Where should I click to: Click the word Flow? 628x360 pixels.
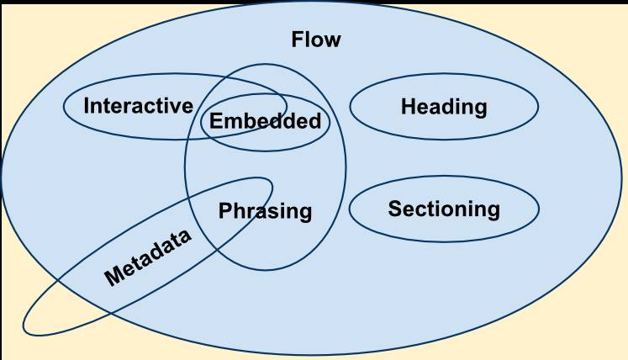pos(316,40)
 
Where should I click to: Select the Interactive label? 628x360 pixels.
pos(139,106)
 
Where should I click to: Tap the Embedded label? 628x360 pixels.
pos(265,121)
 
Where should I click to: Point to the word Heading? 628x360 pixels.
pos(444,107)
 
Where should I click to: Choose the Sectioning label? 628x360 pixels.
pos(444,209)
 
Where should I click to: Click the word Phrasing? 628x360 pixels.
pos(265,211)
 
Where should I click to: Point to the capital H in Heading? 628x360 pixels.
pos(408,107)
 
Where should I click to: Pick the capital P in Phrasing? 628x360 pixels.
pos(224,210)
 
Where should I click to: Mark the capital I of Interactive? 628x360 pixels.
pos(87,106)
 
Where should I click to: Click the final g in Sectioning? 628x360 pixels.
pos(493,211)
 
